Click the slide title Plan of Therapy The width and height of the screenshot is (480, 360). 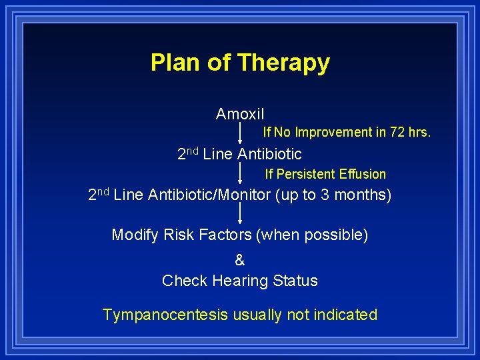tap(240, 63)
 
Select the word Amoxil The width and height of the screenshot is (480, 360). tap(240, 114)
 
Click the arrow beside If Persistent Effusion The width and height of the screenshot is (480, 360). tap(240, 174)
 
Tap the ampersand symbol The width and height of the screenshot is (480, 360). tap(240, 261)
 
